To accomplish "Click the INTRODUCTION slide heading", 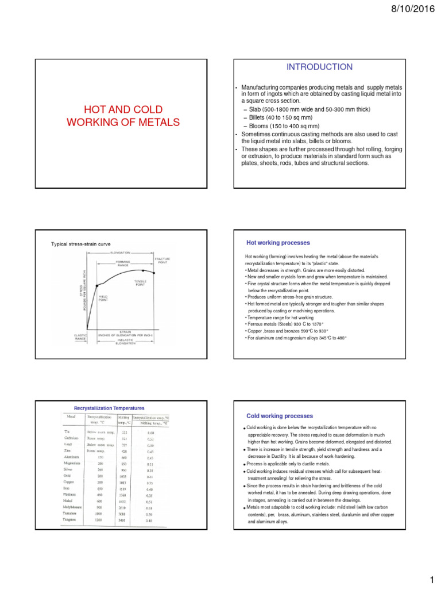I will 320,67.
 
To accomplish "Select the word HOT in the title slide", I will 95,109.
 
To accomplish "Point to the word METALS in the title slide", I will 156,122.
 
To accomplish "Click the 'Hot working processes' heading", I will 278,243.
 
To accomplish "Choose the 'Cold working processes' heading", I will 280,415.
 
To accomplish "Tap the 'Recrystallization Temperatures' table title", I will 109,408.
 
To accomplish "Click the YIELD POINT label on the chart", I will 104,298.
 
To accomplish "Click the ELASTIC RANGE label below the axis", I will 80,336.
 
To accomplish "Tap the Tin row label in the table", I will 67,431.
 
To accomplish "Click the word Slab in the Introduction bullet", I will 256,109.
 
